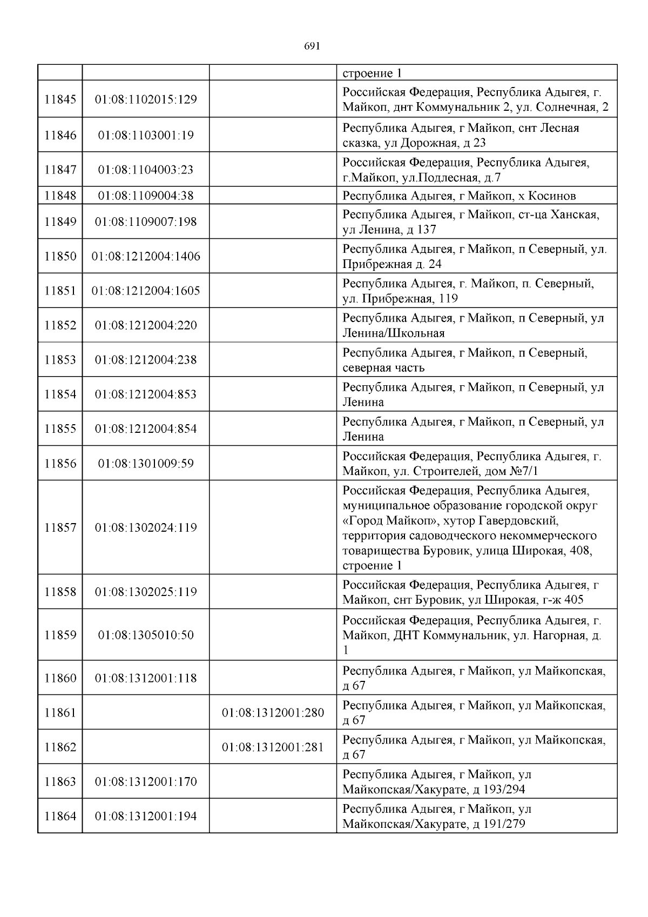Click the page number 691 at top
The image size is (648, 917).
pos(312,46)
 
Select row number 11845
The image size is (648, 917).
pos(60,99)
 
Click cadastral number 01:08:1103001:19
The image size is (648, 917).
pos(146,135)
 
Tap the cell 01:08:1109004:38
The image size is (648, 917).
pos(146,196)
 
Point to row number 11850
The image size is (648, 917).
pos(60,256)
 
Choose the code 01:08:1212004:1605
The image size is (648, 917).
pos(146,291)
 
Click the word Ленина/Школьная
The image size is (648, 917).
pos(394,333)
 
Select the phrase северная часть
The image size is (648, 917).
pos(383,368)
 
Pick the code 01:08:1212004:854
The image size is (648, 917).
pos(146,429)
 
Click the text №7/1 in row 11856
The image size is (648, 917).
pos(524,471)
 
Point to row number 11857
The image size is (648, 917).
pos(60,528)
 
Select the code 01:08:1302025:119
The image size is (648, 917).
pos(146,592)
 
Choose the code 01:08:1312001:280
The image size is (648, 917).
pos(273,713)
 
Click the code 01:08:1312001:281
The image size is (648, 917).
pos(273,747)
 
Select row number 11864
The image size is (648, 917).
pos(60,816)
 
